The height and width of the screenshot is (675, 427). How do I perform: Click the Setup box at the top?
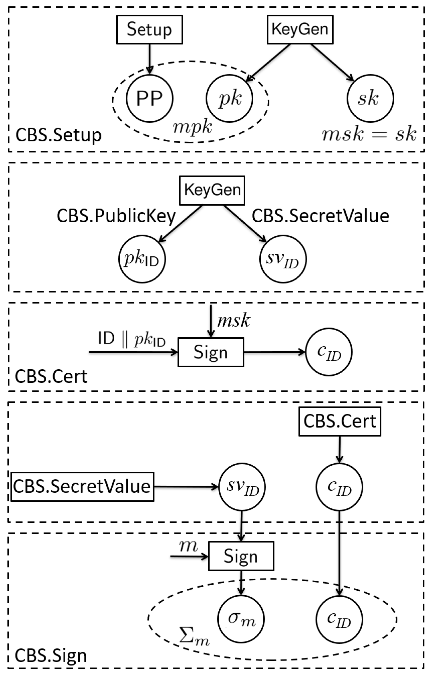(x=149, y=30)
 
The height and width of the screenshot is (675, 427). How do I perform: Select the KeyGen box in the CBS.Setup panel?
(x=300, y=30)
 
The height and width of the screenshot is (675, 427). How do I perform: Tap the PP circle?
(x=150, y=98)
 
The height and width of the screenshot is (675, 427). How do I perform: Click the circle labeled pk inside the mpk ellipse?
(x=230, y=98)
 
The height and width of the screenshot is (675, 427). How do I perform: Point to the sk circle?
(x=370, y=98)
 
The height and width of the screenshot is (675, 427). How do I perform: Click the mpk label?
(x=192, y=127)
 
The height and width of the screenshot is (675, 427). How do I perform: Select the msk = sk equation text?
(x=369, y=134)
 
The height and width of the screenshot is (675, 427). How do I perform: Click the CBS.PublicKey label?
(x=116, y=216)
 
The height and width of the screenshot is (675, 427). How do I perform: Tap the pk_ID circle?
(x=142, y=259)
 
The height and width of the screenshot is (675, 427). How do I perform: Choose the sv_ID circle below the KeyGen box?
(x=283, y=259)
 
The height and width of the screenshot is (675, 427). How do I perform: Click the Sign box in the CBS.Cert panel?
(x=211, y=352)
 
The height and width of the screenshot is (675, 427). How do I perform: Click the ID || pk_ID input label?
(x=132, y=339)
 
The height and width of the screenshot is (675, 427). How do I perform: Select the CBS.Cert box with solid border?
(x=340, y=421)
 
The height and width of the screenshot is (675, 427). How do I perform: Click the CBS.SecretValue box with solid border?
(x=82, y=487)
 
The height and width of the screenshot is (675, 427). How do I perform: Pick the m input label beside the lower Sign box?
(x=188, y=546)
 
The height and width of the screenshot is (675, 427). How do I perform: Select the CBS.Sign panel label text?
(x=51, y=656)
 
